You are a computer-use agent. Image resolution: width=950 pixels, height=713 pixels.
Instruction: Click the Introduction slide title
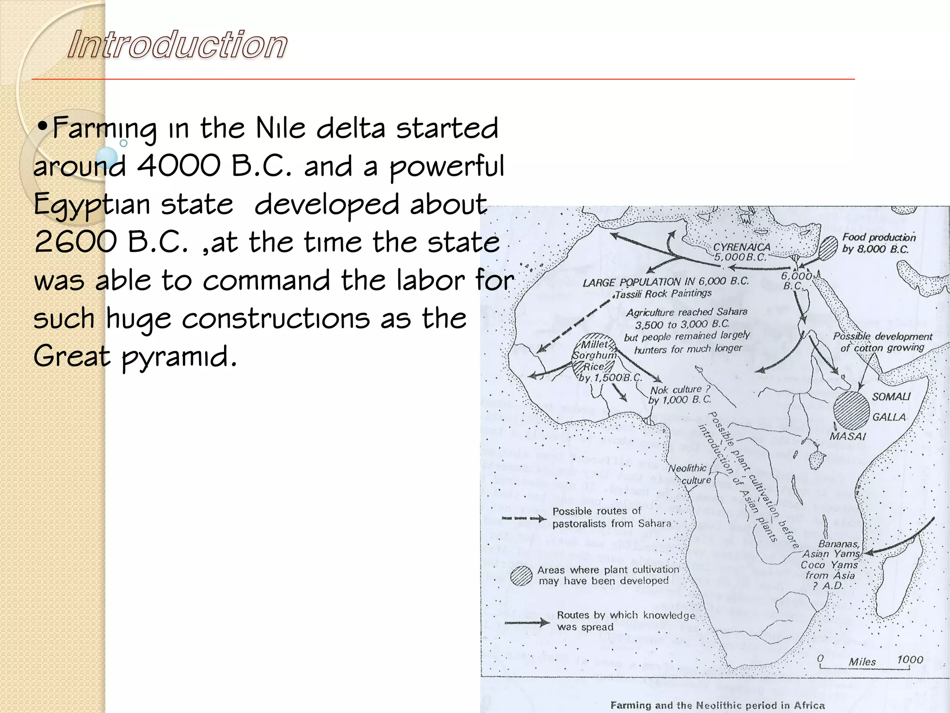[x=177, y=45]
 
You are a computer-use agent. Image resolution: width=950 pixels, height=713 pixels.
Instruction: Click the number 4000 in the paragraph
[x=178, y=166]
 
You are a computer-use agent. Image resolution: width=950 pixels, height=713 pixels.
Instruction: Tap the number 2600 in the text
[x=75, y=242]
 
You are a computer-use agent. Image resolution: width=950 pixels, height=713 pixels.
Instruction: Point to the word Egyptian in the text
[x=91, y=205]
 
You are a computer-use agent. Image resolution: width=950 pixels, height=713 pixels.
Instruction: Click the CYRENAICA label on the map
[x=741, y=247]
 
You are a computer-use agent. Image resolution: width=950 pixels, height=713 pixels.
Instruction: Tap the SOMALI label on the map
[x=891, y=397]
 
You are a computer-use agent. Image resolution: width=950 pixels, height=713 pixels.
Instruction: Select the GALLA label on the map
[x=889, y=417]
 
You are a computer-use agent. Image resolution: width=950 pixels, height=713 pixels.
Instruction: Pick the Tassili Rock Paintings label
[x=663, y=294]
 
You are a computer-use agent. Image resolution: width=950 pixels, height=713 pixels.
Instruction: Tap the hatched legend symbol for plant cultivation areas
[x=521, y=576]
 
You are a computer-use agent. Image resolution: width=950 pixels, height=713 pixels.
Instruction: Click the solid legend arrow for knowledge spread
[x=527, y=622]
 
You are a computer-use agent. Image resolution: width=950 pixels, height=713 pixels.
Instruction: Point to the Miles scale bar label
[x=862, y=662]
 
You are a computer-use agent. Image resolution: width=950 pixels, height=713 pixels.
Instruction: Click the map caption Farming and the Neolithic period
[x=717, y=706]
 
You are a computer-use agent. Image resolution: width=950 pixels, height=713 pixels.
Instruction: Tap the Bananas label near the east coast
[x=838, y=544]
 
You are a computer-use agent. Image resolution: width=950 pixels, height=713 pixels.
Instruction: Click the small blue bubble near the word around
[x=108, y=157]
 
